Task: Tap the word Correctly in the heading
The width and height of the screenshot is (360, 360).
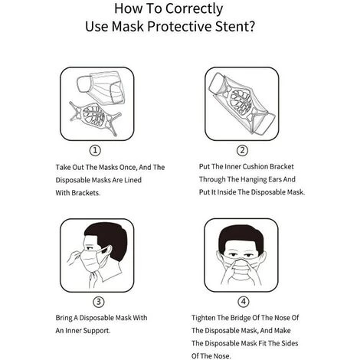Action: [x=195, y=9]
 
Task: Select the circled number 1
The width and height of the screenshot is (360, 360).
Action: [x=95, y=150]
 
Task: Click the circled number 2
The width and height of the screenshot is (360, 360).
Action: [x=242, y=150]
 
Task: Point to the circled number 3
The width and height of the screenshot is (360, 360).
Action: [x=98, y=302]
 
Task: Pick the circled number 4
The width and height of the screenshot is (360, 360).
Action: [x=244, y=302]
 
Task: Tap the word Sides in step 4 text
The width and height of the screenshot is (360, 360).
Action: [x=290, y=343]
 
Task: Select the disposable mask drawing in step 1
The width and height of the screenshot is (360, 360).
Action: [x=101, y=87]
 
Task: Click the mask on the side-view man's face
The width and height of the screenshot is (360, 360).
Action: [x=90, y=261]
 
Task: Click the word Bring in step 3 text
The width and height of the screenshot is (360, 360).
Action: [x=64, y=318]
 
